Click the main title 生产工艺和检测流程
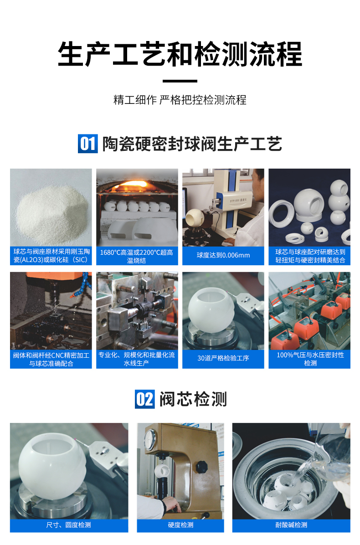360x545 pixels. [x=180, y=54]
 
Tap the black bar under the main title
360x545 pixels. [x=180, y=81]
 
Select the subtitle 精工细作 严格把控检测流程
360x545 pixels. [x=180, y=100]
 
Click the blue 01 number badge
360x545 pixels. [x=87, y=144]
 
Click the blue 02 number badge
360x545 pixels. [x=145, y=399]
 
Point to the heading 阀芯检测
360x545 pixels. [x=193, y=399]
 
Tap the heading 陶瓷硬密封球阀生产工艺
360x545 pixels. [x=192, y=144]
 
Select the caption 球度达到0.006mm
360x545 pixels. [x=223, y=255]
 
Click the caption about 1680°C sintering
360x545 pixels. [x=137, y=256]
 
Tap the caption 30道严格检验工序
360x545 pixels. [x=223, y=358]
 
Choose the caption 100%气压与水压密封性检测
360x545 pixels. [x=310, y=359]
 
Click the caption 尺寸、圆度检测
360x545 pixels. [x=69, y=525]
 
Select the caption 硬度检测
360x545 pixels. [x=180, y=525]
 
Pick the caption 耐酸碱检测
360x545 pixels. [x=291, y=525]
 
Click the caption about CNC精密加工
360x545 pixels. [x=51, y=359]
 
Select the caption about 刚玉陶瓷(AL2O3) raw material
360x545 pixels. [x=51, y=256]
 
